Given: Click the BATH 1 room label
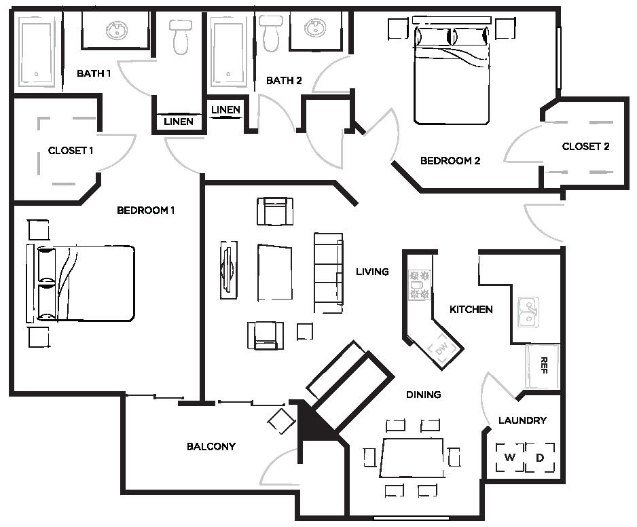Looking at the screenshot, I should point(94,73).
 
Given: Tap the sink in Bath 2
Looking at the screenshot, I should point(315,29).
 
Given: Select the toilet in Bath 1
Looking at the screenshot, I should point(181,37).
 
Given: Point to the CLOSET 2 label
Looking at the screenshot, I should point(585,147).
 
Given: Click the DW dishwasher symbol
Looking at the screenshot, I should point(441,350).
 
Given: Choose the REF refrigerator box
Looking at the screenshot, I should point(543,366).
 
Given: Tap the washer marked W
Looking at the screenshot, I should point(510,458).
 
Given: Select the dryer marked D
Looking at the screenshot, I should point(541,458).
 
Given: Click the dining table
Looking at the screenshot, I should point(413,458).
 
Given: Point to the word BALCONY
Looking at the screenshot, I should point(211,446).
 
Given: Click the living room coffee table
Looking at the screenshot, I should point(274,273).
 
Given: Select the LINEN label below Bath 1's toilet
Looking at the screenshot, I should point(179,122).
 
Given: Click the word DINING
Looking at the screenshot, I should point(424,395).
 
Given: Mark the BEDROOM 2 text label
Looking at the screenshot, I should point(450,161).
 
